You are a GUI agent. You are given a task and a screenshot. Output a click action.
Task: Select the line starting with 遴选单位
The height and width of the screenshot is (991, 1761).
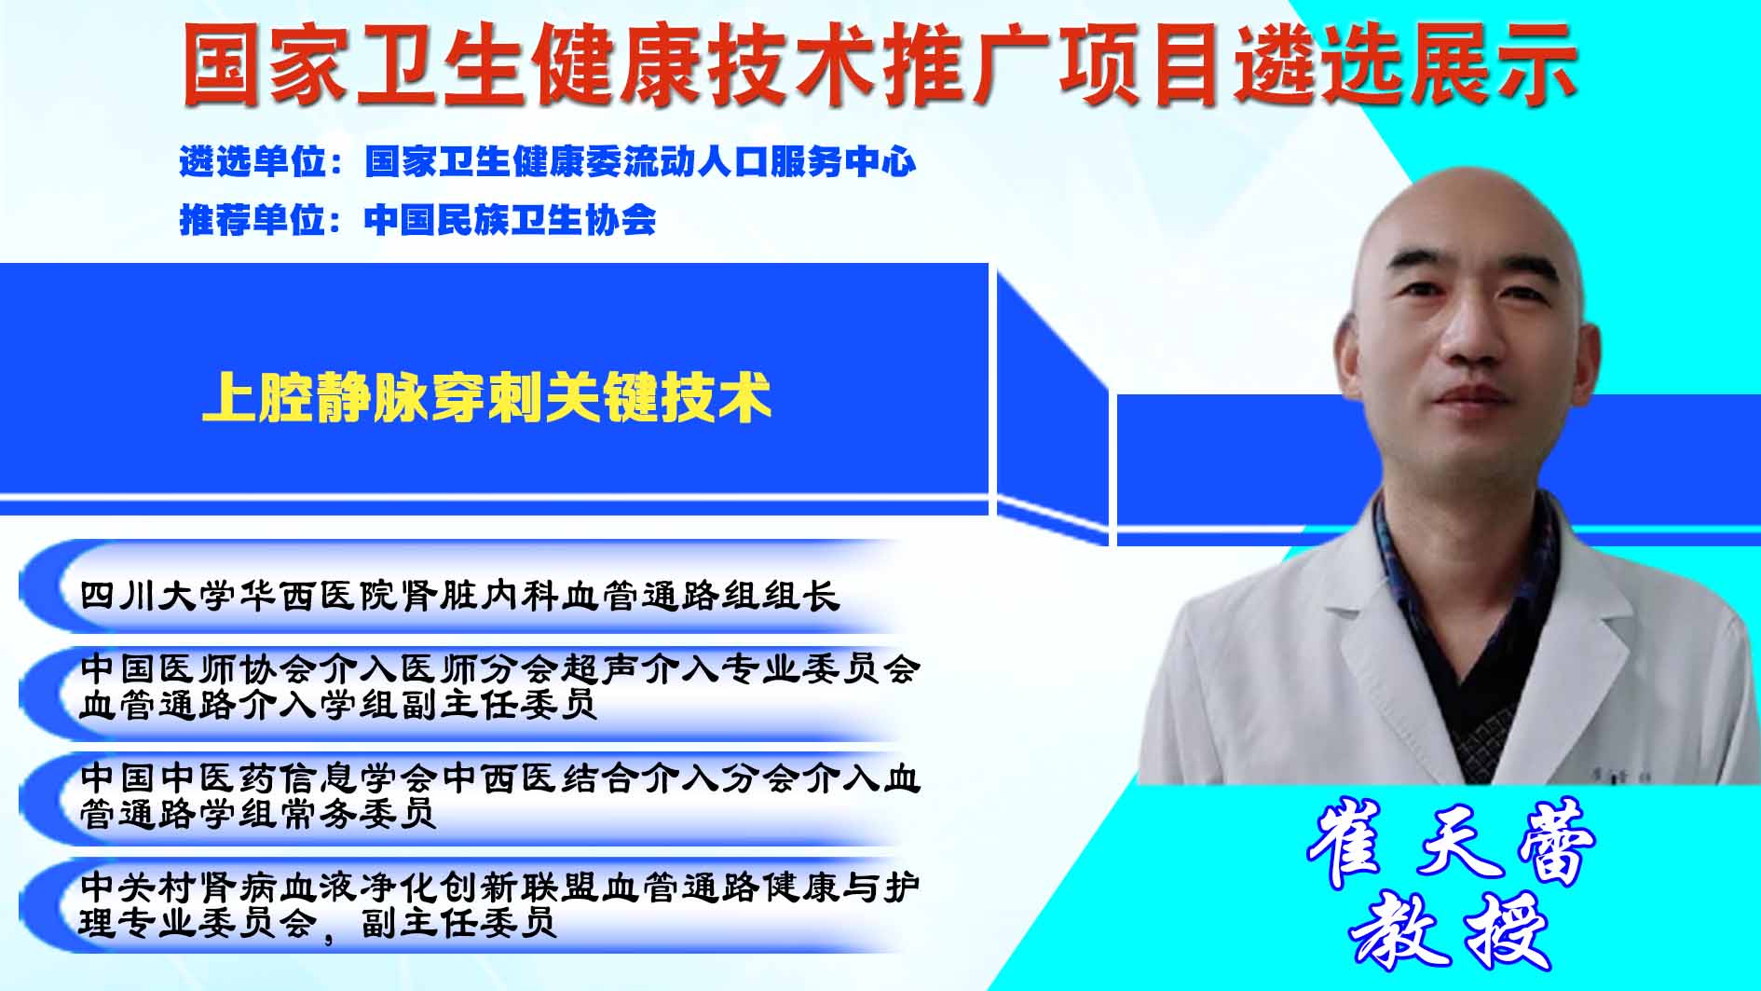[548, 161]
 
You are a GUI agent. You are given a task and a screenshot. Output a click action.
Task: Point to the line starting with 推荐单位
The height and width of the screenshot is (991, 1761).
[417, 220]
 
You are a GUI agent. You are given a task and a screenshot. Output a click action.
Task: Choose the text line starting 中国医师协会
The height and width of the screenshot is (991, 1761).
[500, 668]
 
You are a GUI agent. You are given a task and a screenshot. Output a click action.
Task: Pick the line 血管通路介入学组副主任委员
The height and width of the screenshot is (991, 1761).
[337, 705]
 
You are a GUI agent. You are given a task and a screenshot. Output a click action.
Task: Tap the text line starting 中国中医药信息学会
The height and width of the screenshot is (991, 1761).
[500, 778]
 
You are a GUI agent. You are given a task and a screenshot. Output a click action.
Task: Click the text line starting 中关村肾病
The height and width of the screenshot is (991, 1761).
[500, 887]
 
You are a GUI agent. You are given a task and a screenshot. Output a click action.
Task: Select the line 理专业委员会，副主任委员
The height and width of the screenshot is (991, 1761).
[318, 923]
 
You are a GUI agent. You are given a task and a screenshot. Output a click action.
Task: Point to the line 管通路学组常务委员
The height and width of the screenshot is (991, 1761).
[257, 814]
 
